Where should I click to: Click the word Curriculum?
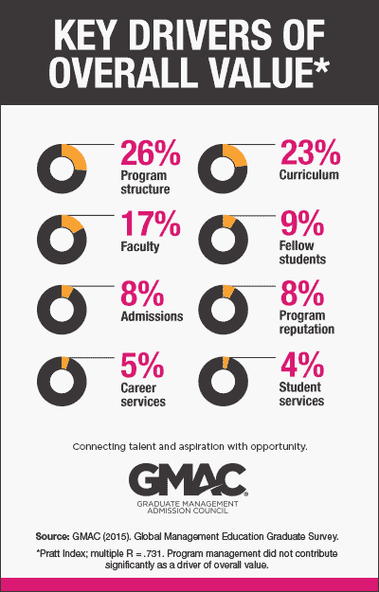click(314, 176)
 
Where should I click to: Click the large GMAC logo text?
click(189, 479)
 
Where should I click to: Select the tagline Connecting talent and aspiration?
click(189, 445)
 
